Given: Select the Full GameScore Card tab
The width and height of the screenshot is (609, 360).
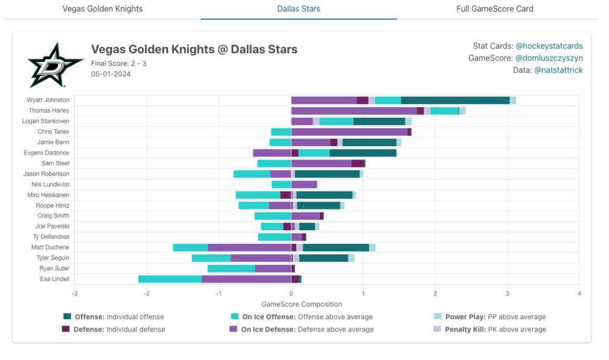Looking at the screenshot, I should [x=495, y=9].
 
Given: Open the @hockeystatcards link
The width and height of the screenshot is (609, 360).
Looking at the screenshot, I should [x=549, y=46].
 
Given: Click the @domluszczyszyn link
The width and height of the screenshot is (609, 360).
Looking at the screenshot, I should [x=549, y=58].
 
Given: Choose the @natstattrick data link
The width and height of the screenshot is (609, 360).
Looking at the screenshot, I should [x=558, y=71].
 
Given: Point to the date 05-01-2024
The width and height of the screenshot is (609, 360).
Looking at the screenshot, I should [x=111, y=74].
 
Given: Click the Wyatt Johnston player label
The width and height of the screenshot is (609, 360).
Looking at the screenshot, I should [x=48, y=100].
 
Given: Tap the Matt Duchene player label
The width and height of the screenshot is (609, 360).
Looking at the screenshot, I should [x=51, y=247].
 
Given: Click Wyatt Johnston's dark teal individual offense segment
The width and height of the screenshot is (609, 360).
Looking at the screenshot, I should [x=455, y=100].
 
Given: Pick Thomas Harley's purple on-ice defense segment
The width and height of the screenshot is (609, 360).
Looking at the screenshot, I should [x=354, y=111].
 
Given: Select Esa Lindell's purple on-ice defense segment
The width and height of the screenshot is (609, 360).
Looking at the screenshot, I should [x=246, y=279].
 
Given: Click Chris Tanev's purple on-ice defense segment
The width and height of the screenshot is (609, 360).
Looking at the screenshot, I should [x=349, y=132].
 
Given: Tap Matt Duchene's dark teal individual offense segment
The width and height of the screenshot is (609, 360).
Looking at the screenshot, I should [x=336, y=247].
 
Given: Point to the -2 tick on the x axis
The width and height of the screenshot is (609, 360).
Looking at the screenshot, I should [x=147, y=294].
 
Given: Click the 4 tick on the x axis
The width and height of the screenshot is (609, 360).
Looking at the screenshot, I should [x=579, y=294].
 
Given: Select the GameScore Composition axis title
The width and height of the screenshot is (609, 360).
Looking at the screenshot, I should [x=301, y=305].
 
